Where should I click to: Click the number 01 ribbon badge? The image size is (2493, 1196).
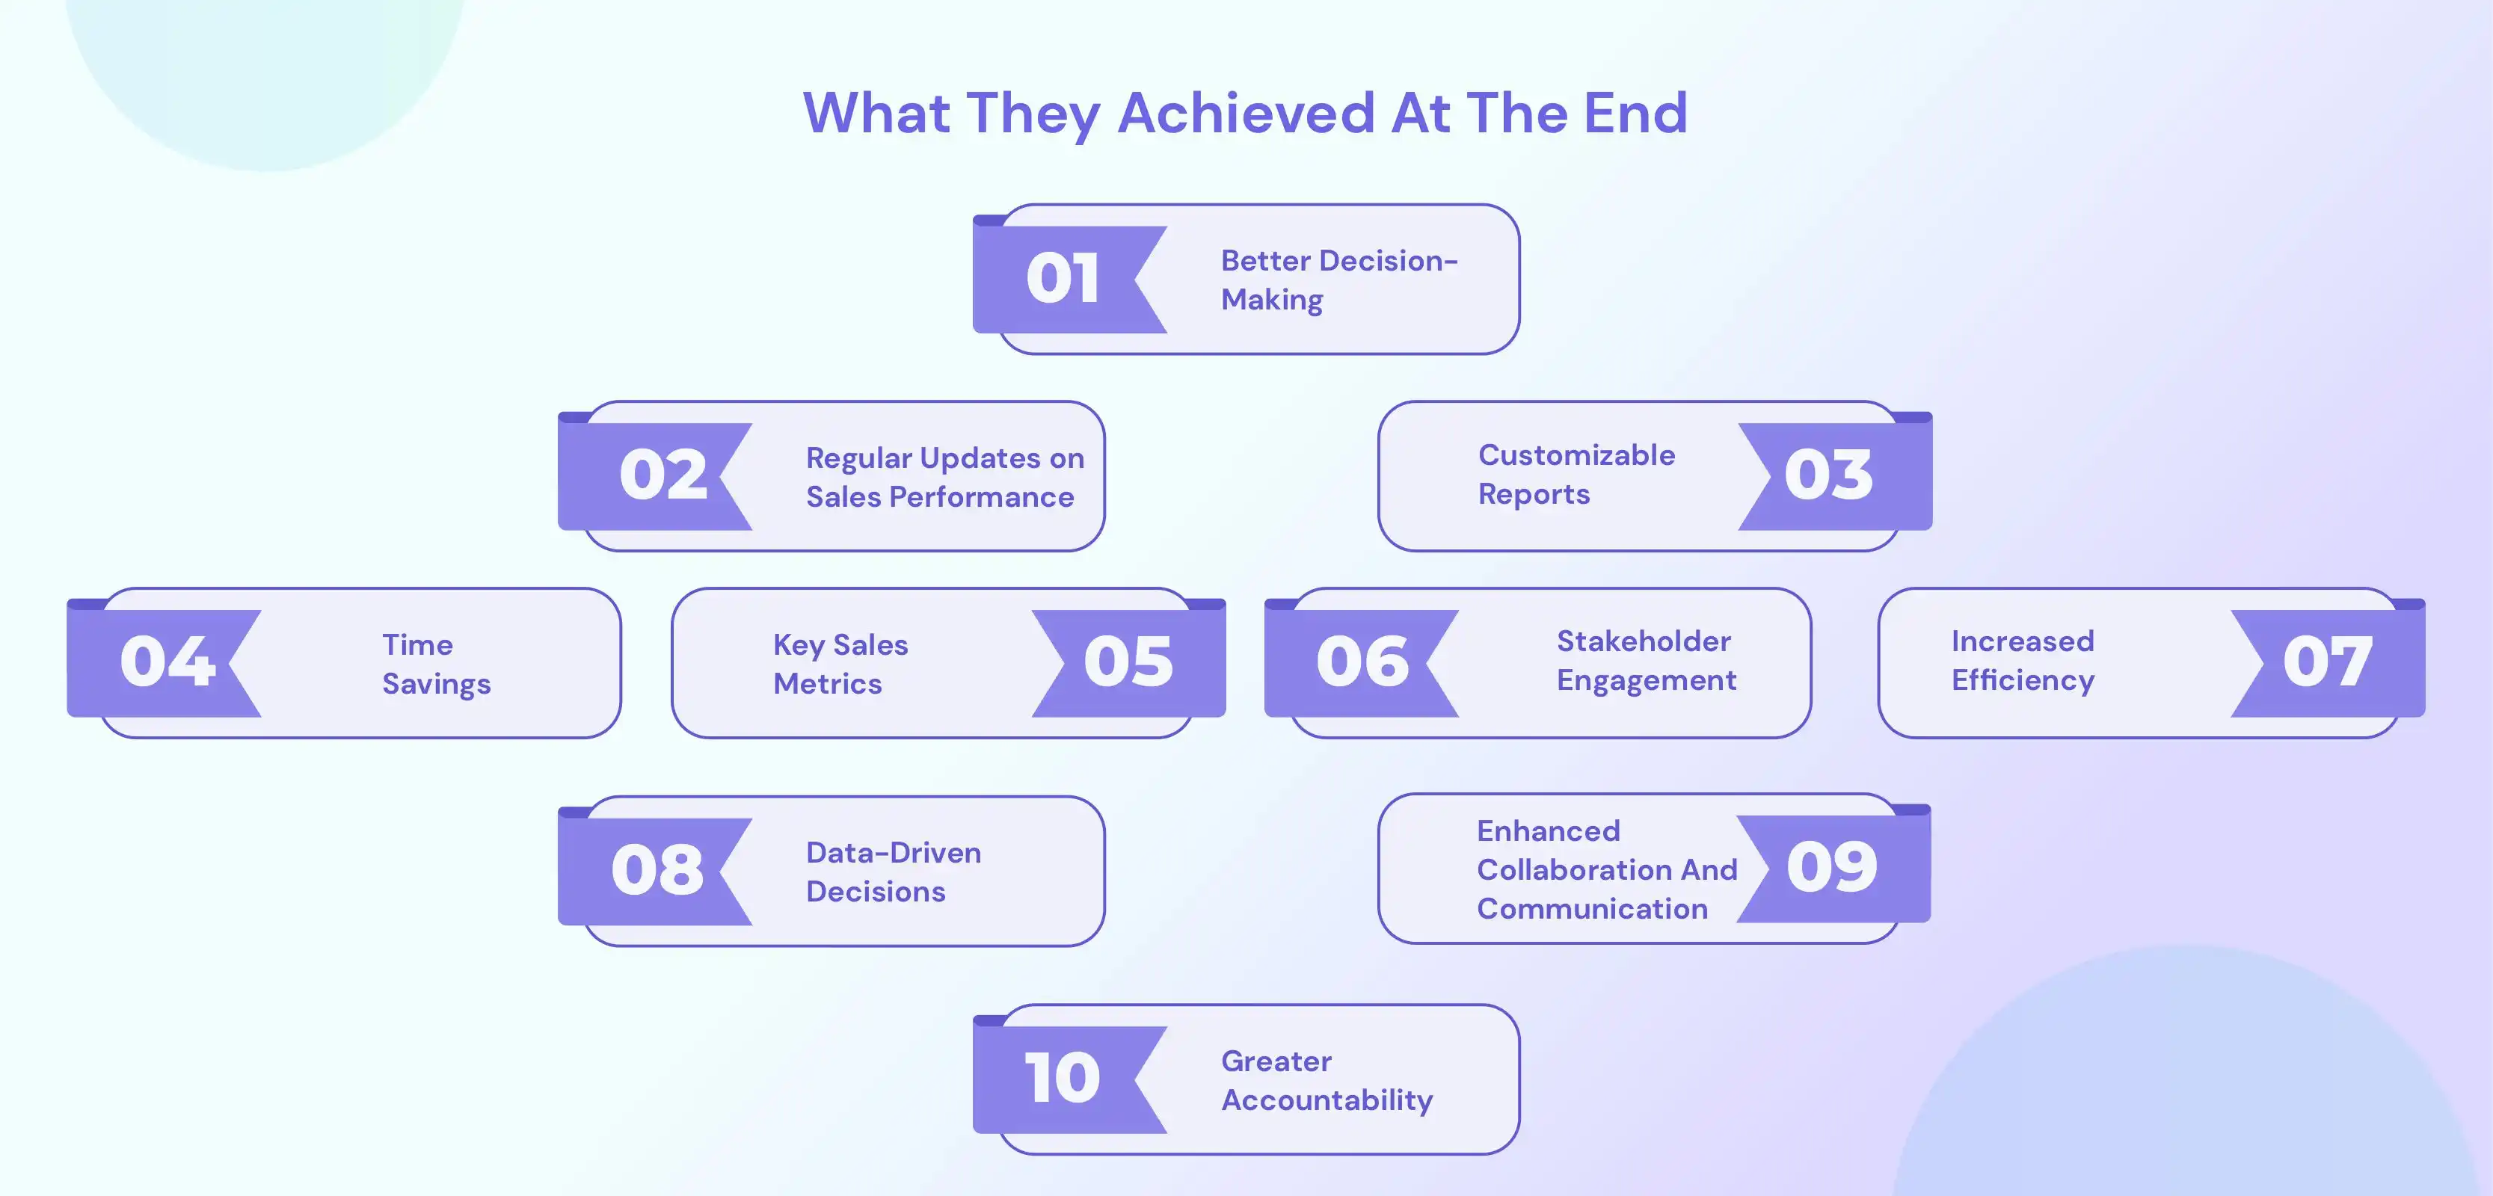point(1062,279)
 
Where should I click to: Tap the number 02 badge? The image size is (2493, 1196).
point(663,475)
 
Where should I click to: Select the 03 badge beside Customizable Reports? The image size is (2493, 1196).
point(1828,475)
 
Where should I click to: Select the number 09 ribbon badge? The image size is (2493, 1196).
point(1831,866)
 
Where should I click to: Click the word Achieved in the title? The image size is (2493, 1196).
point(1246,112)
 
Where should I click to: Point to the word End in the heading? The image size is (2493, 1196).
point(1635,112)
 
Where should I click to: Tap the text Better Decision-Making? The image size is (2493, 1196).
point(1338,280)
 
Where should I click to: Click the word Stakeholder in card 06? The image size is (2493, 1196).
point(1644,641)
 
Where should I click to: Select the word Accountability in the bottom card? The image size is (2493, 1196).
point(1327,1100)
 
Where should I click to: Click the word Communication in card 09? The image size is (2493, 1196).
point(1592,909)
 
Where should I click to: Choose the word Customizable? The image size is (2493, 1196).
point(1576,454)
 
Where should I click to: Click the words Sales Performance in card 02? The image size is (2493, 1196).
point(940,497)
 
